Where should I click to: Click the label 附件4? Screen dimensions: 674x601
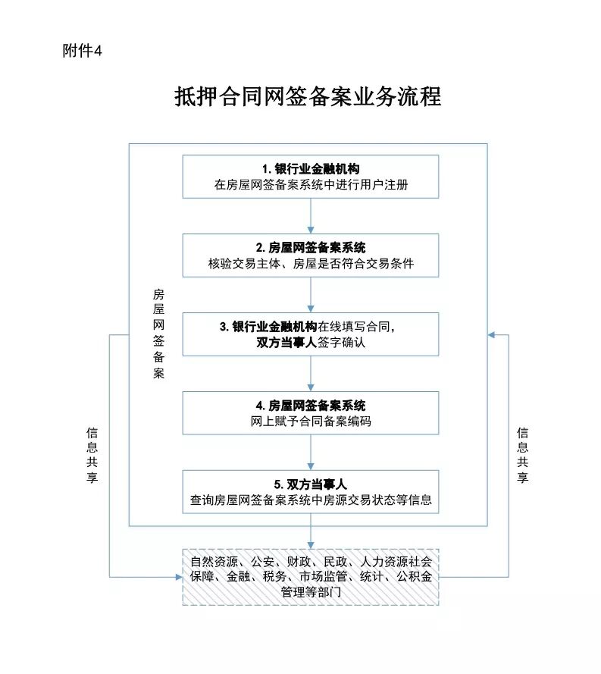pos(82,51)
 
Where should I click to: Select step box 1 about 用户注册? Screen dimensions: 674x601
pos(311,176)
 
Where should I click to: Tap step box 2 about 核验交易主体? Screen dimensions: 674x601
pos(311,255)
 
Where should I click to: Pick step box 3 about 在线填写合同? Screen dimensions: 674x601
pos(311,334)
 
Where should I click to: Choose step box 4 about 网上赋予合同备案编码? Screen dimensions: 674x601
pos(311,413)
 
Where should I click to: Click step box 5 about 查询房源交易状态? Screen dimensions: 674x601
pos(311,491)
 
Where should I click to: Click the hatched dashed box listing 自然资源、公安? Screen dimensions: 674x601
pos(311,576)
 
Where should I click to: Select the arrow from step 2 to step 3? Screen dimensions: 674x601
pos(311,294)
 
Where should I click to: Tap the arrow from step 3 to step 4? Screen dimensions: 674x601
pos(311,373)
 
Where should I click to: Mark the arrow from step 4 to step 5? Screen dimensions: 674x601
pos(311,452)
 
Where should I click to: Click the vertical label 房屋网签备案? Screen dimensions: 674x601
pos(158,334)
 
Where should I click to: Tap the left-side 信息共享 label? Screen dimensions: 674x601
pos(92,456)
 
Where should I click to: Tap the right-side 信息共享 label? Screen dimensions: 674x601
pos(522,456)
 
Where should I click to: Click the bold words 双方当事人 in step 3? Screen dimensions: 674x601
pos(286,343)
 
